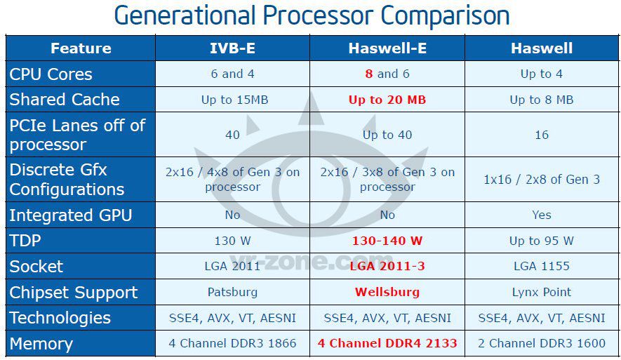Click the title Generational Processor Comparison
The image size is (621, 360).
(312, 15)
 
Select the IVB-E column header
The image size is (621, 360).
(232, 48)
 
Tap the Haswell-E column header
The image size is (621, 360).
(387, 48)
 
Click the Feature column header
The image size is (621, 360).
(81, 48)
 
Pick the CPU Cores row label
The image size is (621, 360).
(51, 74)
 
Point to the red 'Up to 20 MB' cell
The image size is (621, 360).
(387, 100)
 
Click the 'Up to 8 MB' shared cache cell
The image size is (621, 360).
(541, 100)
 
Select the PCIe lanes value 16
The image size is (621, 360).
(541, 135)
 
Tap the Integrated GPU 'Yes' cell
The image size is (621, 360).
(541, 215)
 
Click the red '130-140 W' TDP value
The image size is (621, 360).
(387, 241)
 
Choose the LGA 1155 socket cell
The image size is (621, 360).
(541, 266)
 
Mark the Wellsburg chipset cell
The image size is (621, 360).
(387, 292)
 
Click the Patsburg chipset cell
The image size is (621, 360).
(232, 292)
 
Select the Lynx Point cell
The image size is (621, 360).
(541, 292)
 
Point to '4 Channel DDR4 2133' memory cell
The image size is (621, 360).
(387, 343)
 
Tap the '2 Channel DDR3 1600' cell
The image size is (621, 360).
(541, 343)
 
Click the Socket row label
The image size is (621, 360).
(36, 267)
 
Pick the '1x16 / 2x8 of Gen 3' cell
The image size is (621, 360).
(541, 180)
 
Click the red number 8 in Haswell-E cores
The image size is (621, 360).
(369, 74)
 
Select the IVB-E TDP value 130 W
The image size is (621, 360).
(232, 241)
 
